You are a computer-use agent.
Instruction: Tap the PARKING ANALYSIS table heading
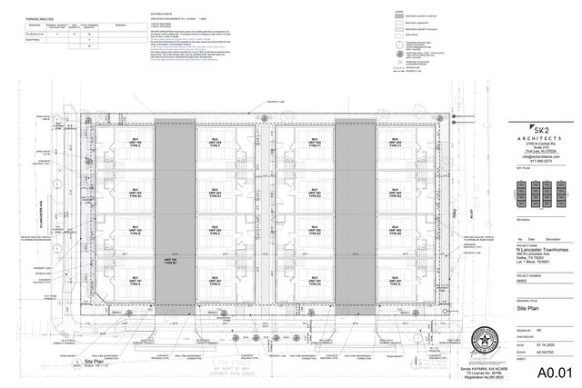pos(35,13)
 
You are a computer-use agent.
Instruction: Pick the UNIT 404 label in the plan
pos(397,142)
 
